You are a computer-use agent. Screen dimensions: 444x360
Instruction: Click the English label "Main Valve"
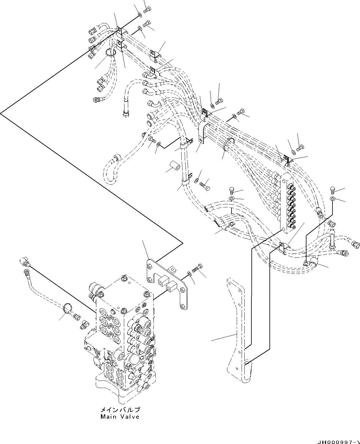pos(120,416)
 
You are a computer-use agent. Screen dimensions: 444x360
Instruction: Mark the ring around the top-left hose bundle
pos(110,53)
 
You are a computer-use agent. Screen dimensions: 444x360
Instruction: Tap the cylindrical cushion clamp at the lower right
pos(313,261)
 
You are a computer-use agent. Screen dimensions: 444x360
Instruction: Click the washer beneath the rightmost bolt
pos(333,199)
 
